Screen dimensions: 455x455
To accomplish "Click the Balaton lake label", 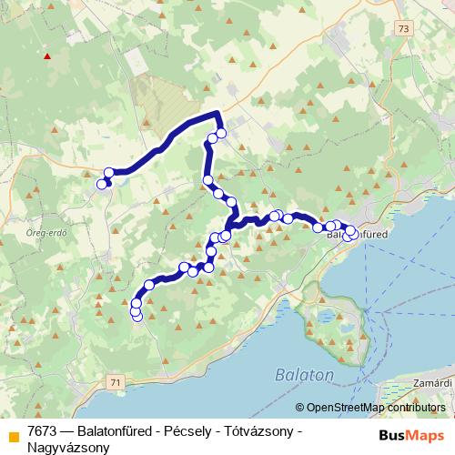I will [x=303, y=374].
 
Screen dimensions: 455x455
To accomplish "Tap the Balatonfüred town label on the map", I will [x=357, y=235].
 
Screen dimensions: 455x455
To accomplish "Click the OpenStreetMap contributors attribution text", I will [x=374, y=408].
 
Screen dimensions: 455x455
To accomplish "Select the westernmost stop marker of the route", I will [x=102, y=185].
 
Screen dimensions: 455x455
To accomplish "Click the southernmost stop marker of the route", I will [x=137, y=316].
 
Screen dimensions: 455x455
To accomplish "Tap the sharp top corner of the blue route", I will [x=217, y=113].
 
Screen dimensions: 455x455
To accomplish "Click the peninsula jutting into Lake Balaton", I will [x=325, y=318].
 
